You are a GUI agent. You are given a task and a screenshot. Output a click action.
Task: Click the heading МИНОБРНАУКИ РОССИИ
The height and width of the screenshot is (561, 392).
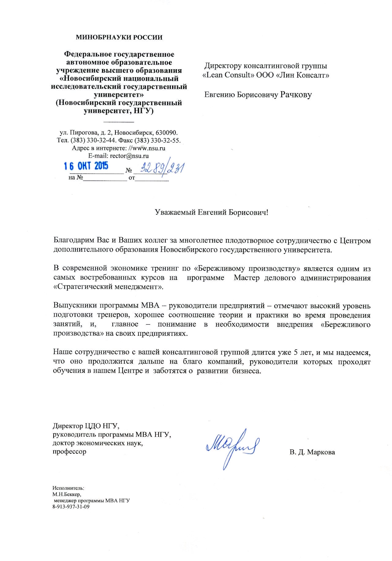click(x=119, y=37)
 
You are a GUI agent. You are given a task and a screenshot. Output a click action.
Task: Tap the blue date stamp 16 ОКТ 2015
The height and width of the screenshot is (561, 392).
click(x=86, y=166)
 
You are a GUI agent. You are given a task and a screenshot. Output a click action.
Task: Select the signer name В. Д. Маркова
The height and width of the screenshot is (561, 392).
click(x=312, y=452)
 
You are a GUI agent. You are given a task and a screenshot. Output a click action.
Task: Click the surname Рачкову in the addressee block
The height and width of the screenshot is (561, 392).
click(x=296, y=94)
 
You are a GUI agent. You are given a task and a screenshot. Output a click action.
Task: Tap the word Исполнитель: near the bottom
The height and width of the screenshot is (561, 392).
click(x=68, y=488)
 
